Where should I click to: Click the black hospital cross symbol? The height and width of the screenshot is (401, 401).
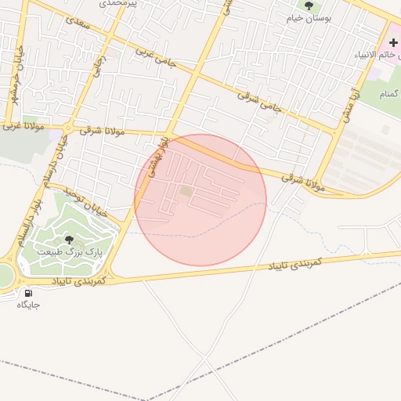[393, 41]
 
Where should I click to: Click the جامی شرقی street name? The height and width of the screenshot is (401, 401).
[258, 100]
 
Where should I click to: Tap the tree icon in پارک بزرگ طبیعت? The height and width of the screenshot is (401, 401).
[70, 240]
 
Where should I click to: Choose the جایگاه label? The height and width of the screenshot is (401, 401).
[28, 305]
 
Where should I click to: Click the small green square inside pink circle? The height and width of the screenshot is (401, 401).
[186, 190]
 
